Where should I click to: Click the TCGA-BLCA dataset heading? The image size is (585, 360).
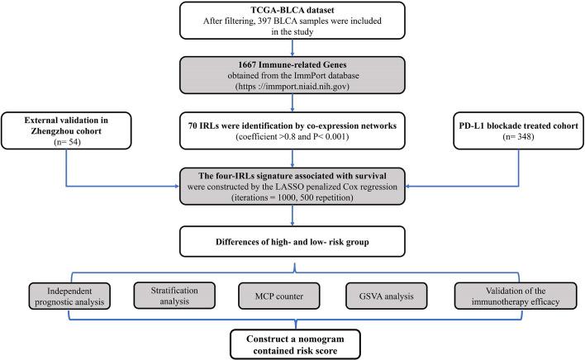click(291, 11)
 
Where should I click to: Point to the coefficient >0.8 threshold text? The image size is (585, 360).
click(264, 150)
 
